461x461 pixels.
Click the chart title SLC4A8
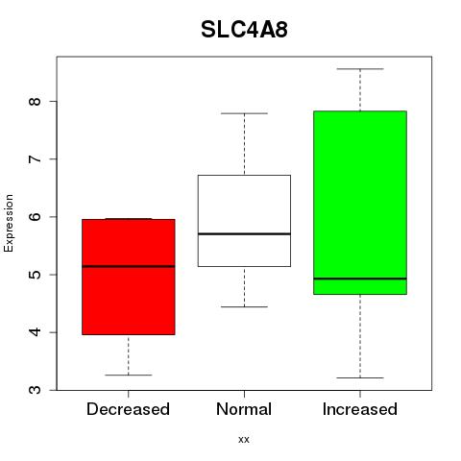pos(244,30)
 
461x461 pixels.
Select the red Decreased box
pos(129,277)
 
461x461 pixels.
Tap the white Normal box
pos(244,221)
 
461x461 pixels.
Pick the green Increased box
pos(360,203)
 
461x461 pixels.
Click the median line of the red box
pos(129,266)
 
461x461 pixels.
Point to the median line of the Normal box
pos(244,233)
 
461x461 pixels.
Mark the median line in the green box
pos(360,279)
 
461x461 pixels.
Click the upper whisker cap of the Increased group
pos(360,69)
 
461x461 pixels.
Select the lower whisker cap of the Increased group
pos(360,377)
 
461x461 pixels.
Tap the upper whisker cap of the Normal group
pos(244,113)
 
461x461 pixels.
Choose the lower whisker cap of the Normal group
pos(244,306)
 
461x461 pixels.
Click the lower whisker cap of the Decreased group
pos(129,375)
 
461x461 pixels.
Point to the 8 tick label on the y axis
pos(35,102)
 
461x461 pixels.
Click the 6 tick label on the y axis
pos(35,217)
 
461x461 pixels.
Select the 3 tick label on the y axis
pos(35,390)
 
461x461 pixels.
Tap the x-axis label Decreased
pos(128,409)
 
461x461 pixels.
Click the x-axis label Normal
pos(244,409)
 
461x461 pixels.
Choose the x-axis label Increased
pos(360,409)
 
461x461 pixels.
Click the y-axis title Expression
pos(9,223)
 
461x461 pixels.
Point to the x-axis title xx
pos(244,440)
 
